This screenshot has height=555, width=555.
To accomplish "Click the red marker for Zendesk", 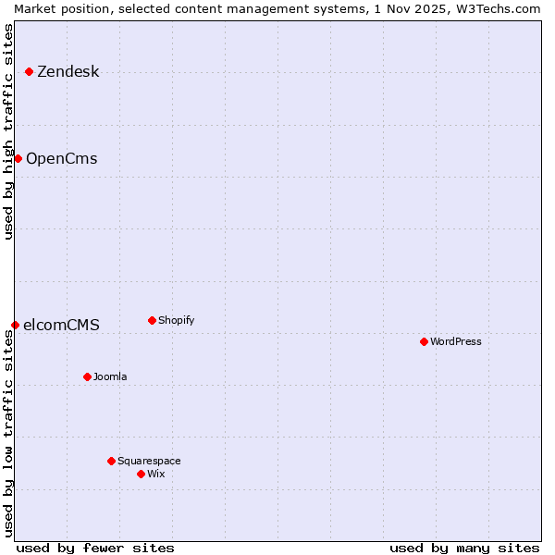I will click(30, 71).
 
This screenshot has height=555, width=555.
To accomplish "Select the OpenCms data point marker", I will click(18, 158).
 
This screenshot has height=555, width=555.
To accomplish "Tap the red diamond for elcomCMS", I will click(16, 325).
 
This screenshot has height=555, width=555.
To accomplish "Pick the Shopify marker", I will click(152, 320).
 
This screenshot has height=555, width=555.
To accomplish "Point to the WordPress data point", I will click(424, 341).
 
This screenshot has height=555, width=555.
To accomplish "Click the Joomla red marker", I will click(87, 376).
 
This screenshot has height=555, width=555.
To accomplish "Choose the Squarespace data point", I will click(111, 461).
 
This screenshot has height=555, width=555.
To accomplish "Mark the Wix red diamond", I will click(141, 474).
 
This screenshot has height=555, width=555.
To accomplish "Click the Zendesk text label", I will click(68, 72).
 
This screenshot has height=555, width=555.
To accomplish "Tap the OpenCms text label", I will click(62, 159).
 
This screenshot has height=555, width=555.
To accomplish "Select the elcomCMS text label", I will click(61, 326).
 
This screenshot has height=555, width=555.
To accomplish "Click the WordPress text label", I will click(456, 342).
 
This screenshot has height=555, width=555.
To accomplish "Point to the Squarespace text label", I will click(149, 462).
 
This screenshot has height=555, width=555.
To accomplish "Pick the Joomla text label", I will click(110, 377).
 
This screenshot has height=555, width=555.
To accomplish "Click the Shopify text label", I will click(176, 321).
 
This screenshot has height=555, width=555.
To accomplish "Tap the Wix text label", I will click(156, 475).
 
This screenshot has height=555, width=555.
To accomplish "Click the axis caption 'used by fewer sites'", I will click(95, 548).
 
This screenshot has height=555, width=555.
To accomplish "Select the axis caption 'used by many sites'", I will click(464, 548).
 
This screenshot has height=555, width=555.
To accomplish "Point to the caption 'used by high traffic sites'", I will click(8, 131).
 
